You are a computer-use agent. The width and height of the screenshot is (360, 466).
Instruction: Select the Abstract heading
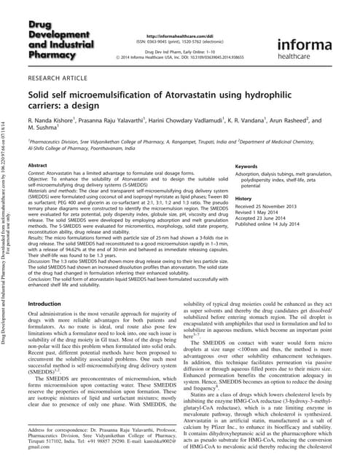pyautogui.click(x=37, y=167)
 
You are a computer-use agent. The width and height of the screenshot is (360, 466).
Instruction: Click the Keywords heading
pyautogui.click(x=249, y=167)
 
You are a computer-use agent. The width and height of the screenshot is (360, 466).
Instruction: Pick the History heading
pyautogui.click(x=243, y=198)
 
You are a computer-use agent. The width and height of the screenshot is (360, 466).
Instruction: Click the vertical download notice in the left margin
pyautogui.click(x=9, y=233)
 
